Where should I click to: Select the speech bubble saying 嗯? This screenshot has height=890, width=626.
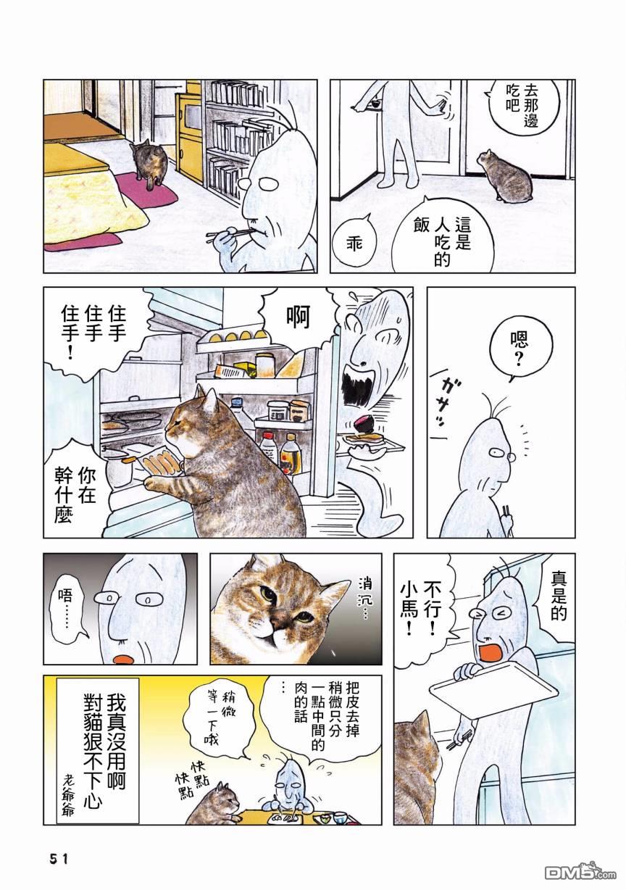(521, 350)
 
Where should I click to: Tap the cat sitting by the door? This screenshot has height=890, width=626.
(504, 175)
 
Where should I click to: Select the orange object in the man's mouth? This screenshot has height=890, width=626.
(491, 654)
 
